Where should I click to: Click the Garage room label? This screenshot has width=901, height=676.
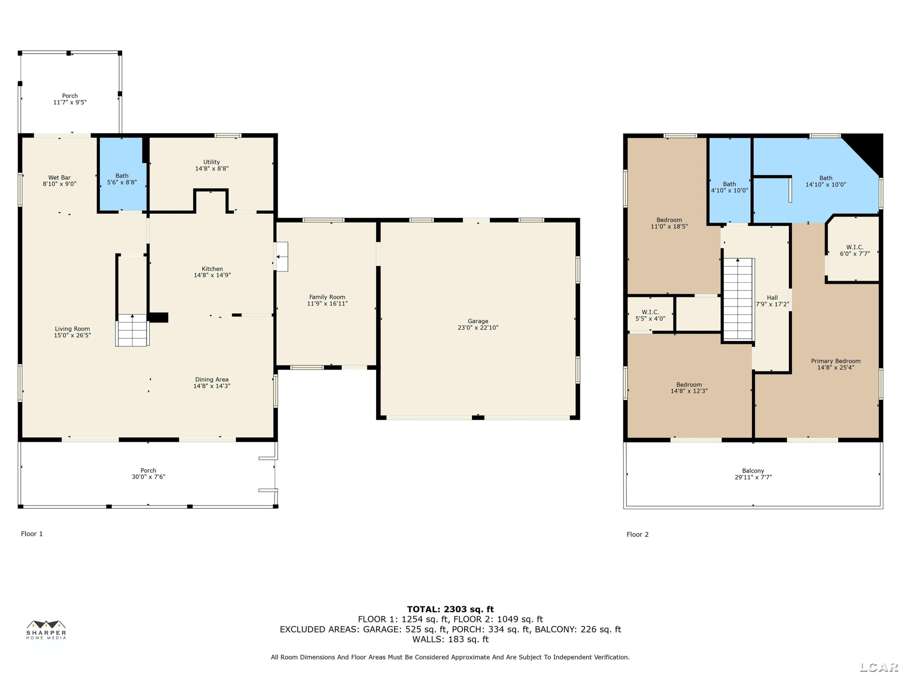point(478,321)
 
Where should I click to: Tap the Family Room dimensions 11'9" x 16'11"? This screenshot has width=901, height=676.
point(327,303)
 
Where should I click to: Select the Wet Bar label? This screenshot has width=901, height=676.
point(59,178)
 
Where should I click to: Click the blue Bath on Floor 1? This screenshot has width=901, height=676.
point(122,174)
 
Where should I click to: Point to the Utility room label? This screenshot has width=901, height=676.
point(211,162)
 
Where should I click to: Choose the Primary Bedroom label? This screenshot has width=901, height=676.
point(836,361)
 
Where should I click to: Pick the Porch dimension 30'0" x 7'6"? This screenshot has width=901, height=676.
point(148,477)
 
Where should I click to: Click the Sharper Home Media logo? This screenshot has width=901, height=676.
point(46,629)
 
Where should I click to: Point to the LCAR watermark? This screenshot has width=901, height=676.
point(878,667)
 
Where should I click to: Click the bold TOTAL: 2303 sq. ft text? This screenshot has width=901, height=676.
point(450,609)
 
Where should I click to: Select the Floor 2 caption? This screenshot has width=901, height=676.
point(638,534)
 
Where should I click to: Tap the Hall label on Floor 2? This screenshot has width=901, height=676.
point(772,298)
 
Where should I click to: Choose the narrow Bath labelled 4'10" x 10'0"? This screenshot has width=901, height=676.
point(730,181)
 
